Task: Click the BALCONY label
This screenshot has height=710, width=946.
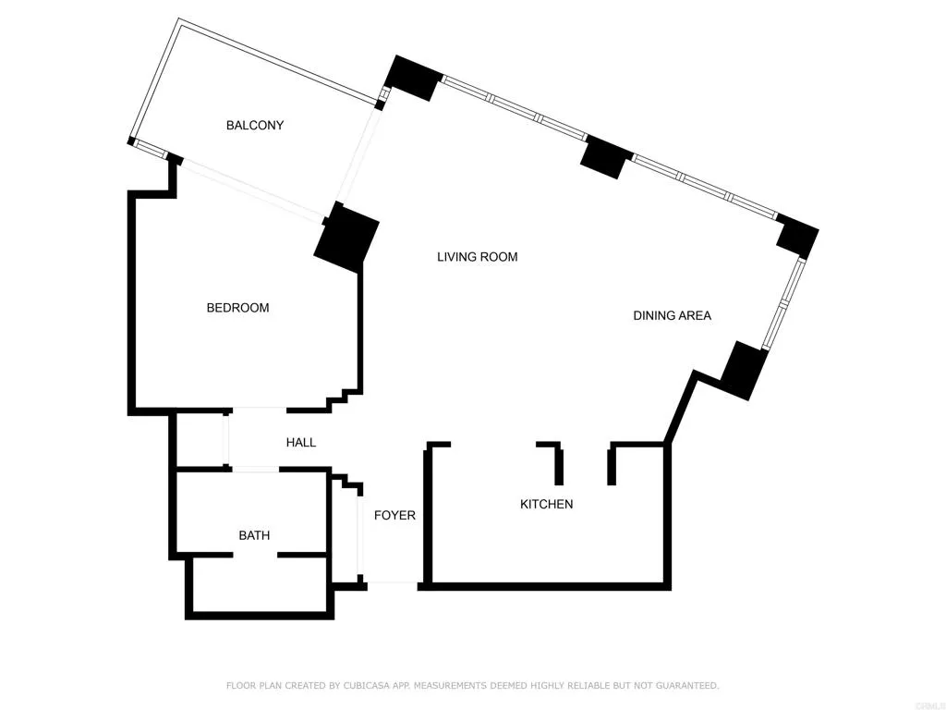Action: click(x=254, y=125)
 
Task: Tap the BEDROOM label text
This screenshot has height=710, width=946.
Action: click(x=237, y=308)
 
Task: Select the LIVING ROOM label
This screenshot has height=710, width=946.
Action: click(x=477, y=257)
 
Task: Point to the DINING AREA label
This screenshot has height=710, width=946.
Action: click(x=672, y=315)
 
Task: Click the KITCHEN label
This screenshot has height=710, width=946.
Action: click(x=546, y=504)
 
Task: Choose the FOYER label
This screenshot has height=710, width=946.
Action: click(x=394, y=515)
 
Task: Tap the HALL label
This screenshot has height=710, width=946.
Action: click(x=301, y=443)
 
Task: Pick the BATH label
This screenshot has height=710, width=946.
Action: click(x=254, y=534)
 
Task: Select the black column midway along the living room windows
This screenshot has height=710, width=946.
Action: click(x=606, y=157)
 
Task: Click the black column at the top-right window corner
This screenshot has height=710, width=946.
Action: click(x=797, y=237)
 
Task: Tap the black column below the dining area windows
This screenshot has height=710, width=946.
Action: click(x=745, y=369)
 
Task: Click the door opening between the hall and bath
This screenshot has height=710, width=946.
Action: click(x=256, y=470)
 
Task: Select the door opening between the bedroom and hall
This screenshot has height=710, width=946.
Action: click(x=259, y=410)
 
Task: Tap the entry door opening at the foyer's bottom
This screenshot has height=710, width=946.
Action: click(x=393, y=583)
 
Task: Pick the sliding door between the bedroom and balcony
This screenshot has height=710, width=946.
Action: click(x=250, y=191)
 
